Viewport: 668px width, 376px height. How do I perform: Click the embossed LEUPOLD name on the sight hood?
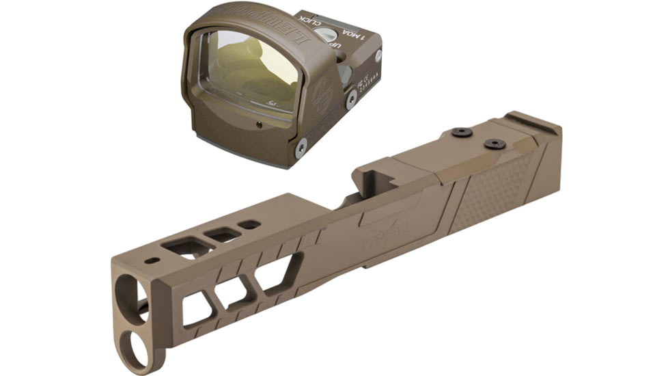(260, 21)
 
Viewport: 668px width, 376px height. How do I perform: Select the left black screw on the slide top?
(462, 132)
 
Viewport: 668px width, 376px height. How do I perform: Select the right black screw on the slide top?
(495, 144)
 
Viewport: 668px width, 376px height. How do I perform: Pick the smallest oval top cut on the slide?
(250, 224)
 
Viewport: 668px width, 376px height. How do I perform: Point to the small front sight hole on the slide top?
(152, 260)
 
